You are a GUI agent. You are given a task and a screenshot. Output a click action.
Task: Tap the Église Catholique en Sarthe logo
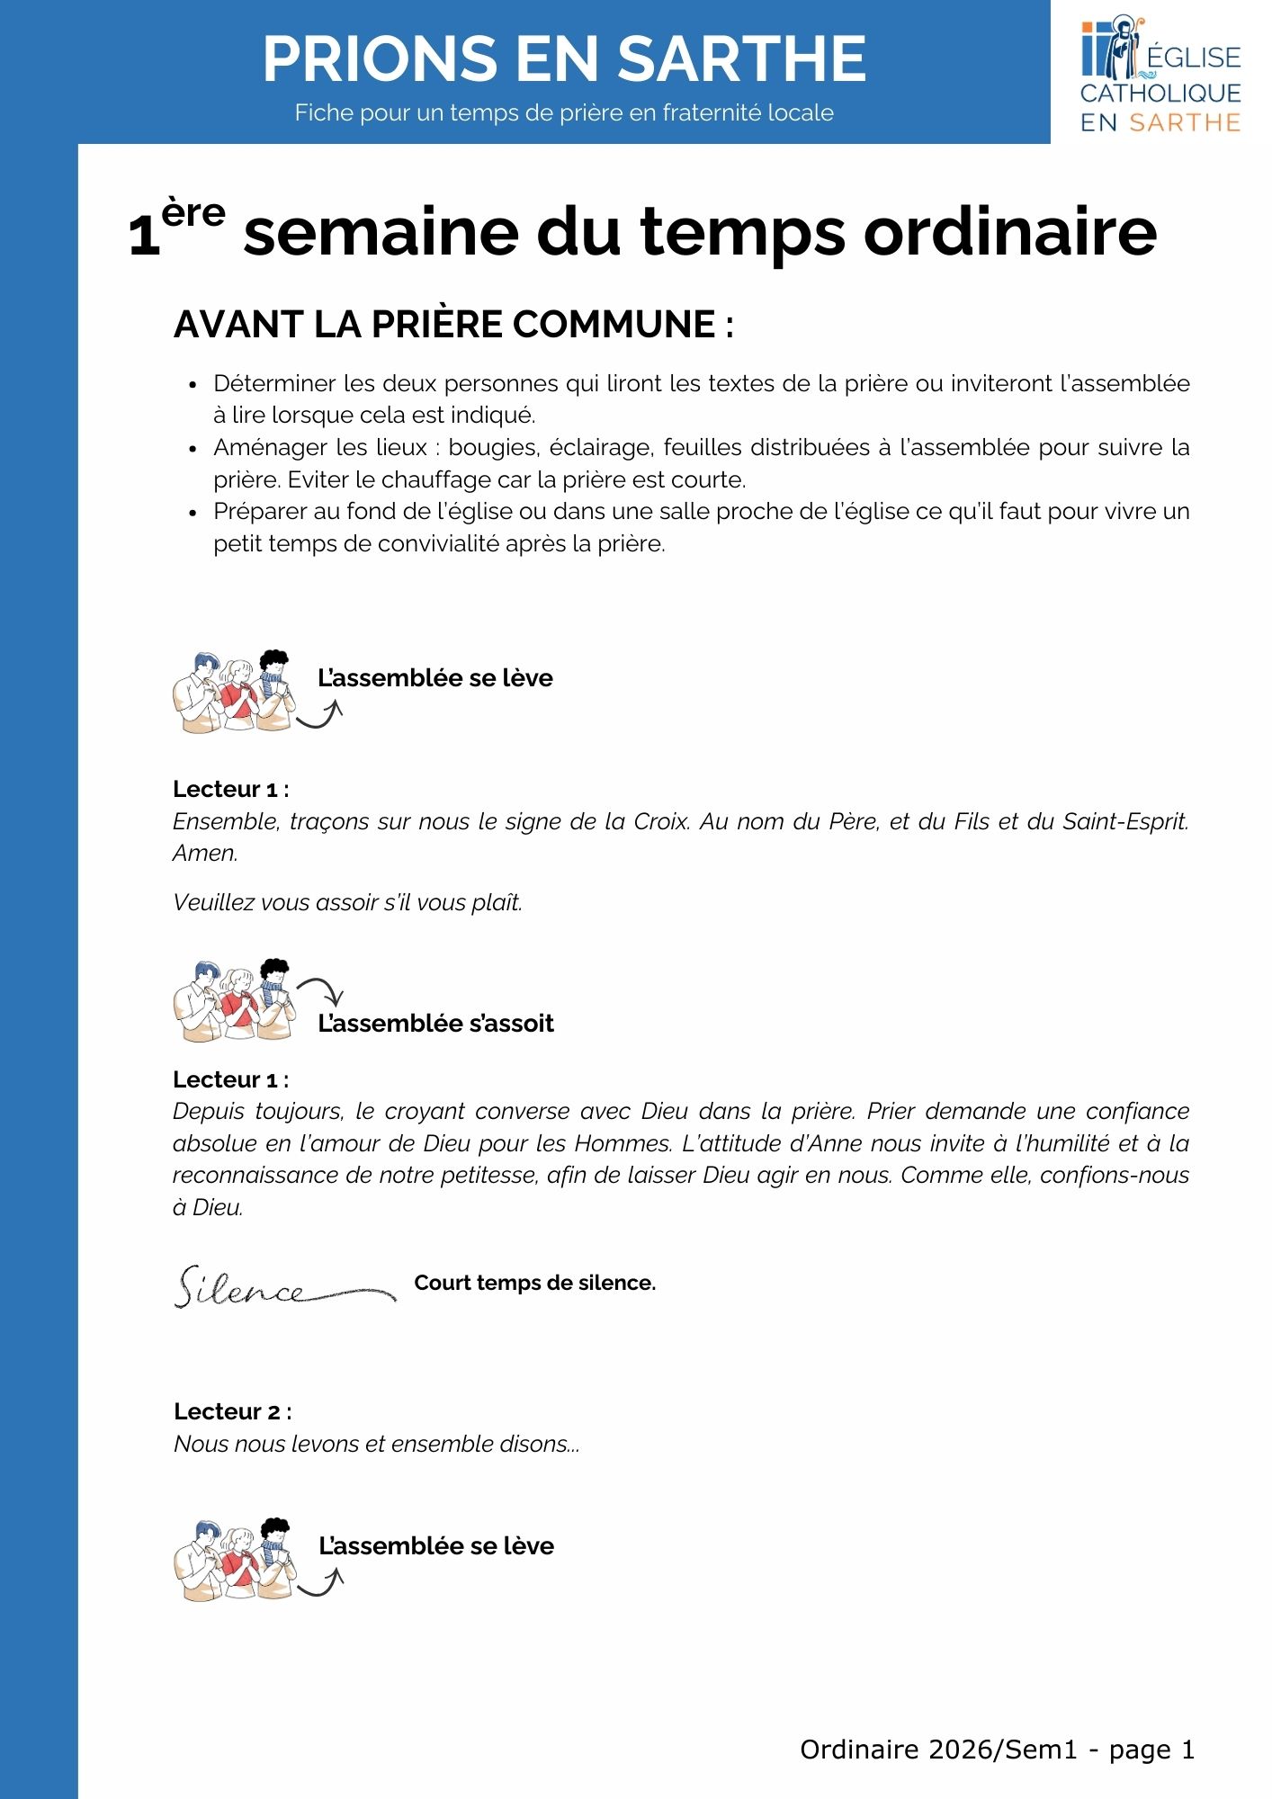click(1160, 76)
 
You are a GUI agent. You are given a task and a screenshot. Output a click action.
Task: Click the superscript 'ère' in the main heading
click(193, 213)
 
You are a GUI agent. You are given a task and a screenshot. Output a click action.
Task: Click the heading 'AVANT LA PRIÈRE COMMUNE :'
click(453, 325)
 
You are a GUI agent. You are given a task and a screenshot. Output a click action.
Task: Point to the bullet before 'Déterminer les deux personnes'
click(193, 385)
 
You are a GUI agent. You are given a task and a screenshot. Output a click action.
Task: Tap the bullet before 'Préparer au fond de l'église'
click(193, 513)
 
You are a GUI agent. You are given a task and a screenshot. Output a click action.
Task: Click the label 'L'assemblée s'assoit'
click(435, 1023)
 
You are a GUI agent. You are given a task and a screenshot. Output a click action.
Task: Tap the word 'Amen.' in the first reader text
click(205, 853)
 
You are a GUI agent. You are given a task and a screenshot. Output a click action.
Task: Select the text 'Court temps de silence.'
click(534, 1283)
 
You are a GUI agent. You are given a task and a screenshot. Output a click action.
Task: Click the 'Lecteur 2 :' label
click(232, 1411)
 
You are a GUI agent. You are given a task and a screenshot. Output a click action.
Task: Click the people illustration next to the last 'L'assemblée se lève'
click(234, 1560)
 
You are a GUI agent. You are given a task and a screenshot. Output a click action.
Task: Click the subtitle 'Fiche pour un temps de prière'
click(564, 112)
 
